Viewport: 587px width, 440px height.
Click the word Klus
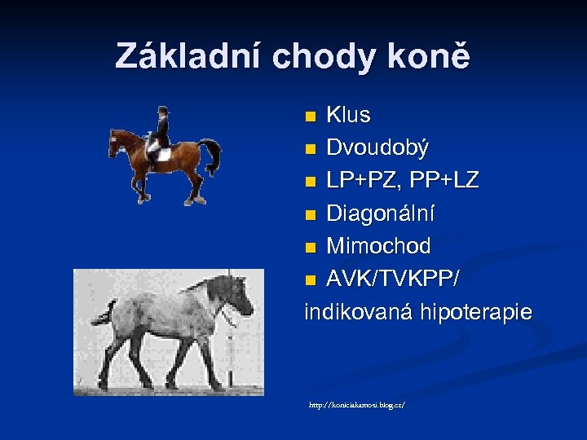348,116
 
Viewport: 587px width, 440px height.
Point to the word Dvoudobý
377,148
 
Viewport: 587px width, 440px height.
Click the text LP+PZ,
364,181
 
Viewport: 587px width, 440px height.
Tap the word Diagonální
381,214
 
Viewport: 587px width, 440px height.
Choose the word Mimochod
378,247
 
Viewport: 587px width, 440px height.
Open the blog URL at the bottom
356,404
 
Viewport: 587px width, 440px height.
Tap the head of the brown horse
117,139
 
